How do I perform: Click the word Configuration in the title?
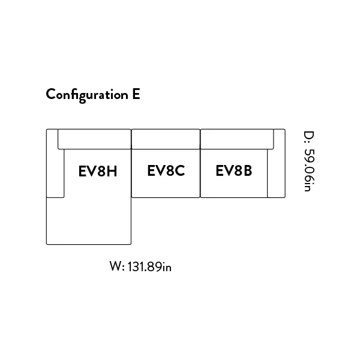(87, 95)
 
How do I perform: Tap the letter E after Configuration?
(136, 94)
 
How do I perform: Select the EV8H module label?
(98, 171)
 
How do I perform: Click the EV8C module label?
(166, 170)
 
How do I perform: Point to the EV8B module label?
(234, 170)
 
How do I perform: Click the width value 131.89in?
(149, 267)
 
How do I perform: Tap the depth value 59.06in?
(309, 170)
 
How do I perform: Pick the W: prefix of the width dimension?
(117, 266)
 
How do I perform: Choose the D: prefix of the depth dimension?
(309, 137)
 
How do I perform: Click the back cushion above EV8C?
(166, 139)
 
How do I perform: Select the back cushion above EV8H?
(94, 139)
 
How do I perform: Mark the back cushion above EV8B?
(237, 139)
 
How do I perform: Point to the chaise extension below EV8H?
(89, 221)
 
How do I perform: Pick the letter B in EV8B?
(247, 170)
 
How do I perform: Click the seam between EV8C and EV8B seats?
(200, 173)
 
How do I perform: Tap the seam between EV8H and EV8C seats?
(131, 173)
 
